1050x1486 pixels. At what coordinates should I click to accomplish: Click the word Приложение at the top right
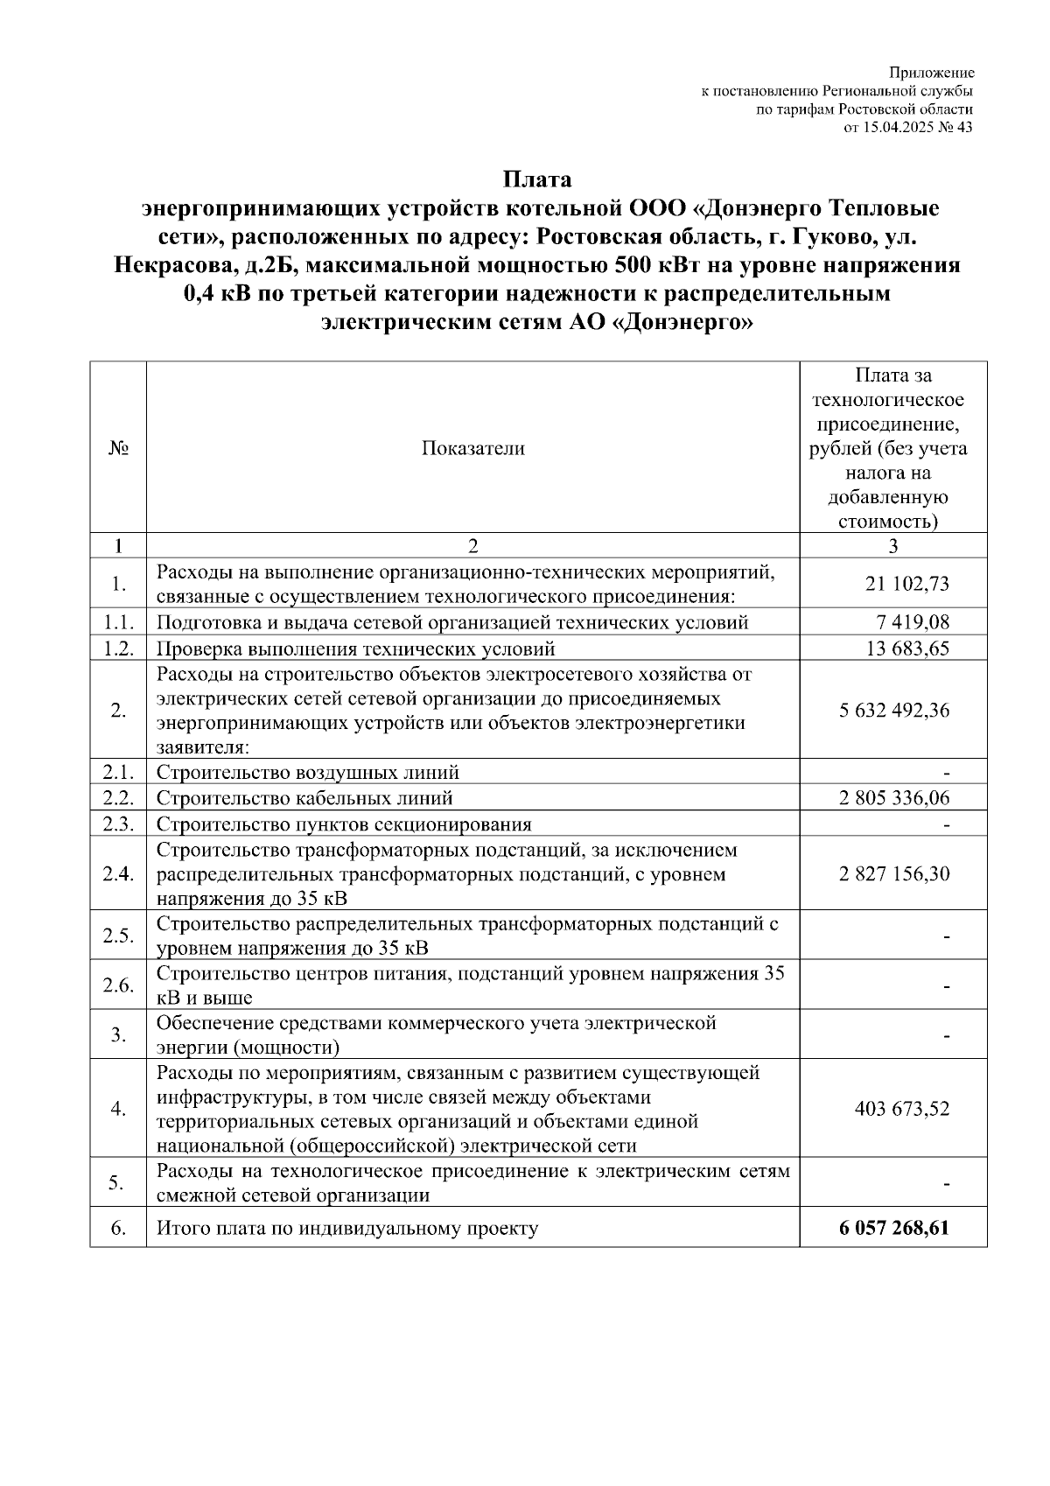pos(932,73)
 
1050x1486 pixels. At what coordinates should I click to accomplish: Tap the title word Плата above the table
pos(536,179)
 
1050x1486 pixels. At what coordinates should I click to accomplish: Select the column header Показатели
pos(473,449)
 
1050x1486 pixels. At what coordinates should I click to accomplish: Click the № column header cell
pos(118,449)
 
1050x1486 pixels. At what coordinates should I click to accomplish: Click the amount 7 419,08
pos(913,622)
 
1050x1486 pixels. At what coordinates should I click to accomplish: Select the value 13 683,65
pos(906,648)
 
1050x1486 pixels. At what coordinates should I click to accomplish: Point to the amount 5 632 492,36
pos(894,710)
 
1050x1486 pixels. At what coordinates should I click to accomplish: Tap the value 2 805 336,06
pos(894,797)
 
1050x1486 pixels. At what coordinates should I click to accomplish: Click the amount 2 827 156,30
pos(894,873)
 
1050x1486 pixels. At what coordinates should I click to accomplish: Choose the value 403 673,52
pos(902,1109)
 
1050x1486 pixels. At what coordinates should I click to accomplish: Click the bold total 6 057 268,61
pos(893,1228)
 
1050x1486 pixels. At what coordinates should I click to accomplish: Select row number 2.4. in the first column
pos(118,873)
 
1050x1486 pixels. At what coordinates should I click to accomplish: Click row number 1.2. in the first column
pos(118,648)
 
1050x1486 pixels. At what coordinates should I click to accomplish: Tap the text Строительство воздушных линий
pos(308,772)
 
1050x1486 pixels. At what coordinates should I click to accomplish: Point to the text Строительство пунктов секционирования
pos(344,824)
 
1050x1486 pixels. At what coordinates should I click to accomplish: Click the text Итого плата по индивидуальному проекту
pos(347,1228)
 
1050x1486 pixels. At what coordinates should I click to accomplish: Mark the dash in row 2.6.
pos(946,986)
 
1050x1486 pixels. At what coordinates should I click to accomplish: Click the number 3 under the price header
pos(893,546)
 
